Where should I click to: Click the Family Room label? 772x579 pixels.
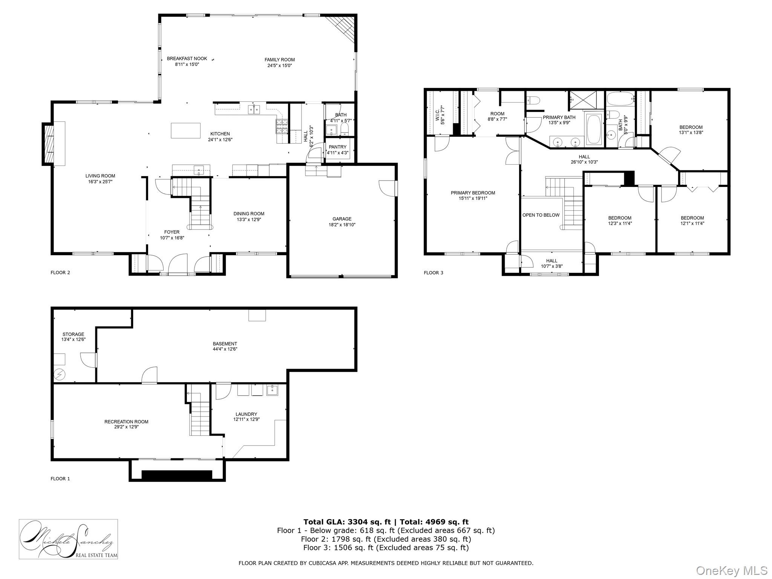click(279, 60)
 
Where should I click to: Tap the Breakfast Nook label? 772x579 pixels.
click(187, 58)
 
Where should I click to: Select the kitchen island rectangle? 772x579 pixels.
click(185, 130)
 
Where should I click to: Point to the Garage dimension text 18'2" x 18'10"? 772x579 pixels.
click(342, 225)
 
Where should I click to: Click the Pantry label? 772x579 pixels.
click(337, 147)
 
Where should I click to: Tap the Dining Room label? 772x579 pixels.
click(249, 214)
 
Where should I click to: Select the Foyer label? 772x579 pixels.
click(172, 232)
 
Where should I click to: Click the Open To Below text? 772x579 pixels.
click(541, 215)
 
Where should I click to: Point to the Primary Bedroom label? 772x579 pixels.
click(473, 193)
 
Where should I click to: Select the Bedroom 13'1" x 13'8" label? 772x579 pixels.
click(691, 127)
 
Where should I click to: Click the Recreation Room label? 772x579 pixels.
click(126, 421)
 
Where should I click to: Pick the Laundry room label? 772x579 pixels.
click(247, 414)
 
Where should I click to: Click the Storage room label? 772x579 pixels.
click(73, 334)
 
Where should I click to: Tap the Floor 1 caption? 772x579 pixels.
click(60, 479)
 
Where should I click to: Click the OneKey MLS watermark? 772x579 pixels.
click(732, 570)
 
